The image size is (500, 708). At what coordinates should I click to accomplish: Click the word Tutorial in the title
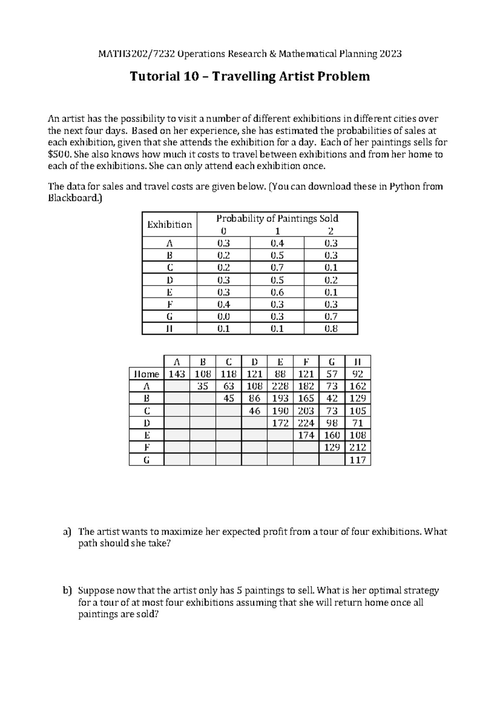pos(153,77)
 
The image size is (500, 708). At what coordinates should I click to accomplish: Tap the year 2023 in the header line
pos(390,54)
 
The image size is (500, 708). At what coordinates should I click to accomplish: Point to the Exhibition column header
pos(169,225)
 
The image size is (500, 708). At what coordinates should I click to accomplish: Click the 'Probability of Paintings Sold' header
pos(277,218)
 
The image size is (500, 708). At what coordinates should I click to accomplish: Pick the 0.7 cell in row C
pos(277,267)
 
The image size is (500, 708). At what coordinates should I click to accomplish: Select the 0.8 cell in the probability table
pos(331,329)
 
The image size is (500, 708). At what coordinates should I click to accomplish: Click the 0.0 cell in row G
pos(223,316)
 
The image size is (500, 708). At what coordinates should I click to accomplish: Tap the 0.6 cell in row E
pos(277,292)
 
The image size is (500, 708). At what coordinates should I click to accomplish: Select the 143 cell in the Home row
pos(177,374)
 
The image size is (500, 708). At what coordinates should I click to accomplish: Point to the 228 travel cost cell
pos(280,386)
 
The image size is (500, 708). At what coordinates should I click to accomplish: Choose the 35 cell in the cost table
pos(202,386)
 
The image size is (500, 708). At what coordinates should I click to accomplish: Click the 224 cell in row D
pos(306,423)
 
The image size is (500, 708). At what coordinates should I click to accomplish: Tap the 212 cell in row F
pos(358,447)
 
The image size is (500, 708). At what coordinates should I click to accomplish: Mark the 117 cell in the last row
pos(358,460)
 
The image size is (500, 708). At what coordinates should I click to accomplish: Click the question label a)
pos(67,532)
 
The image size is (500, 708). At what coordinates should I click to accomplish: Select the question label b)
pos(67,591)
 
